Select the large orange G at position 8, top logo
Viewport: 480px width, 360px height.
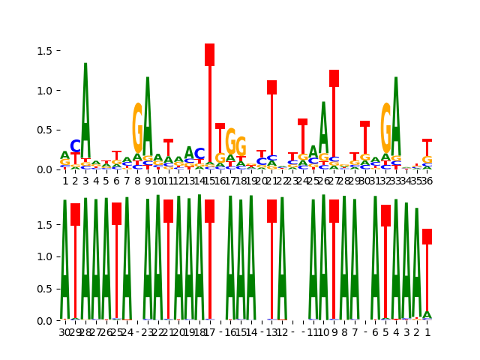pos(137,127)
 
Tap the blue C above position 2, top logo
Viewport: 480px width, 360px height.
pos(75,147)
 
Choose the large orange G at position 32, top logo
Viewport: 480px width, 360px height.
pos(385,127)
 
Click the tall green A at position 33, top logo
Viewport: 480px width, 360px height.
pos(396,112)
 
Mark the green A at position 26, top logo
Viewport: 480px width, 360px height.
pos(323,127)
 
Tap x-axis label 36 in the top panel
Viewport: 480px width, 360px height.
pos(427,181)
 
